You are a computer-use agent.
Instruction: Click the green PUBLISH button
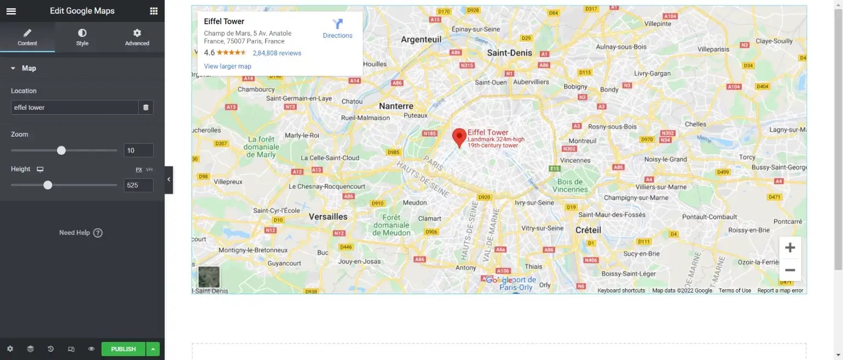click(x=123, y=349)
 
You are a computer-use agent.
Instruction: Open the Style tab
click(x=82, y=37)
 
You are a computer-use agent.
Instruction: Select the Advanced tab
click(x=137, y=37)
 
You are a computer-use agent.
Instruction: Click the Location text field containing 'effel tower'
click(x=75, y=108)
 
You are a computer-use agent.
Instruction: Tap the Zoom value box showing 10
click(x=138, y=150)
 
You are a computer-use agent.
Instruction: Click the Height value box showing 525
click(x=138, y=185)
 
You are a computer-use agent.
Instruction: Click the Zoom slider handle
click(x=61, y=150)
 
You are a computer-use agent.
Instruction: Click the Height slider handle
click(x=48, y=185)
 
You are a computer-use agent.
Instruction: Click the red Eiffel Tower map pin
click(x=459, y=137)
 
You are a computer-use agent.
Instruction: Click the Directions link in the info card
click(x=338, y=29)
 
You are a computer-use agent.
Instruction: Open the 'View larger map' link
click(x=227, y=66)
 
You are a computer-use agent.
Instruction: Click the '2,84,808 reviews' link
click(x=277, y=53)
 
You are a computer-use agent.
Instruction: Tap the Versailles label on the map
click(x=328, y=217)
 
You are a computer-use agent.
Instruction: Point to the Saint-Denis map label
click(x=509, y=53)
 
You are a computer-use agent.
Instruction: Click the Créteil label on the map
click(x=588, y=230)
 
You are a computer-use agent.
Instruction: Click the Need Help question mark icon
click(x=98, y=233)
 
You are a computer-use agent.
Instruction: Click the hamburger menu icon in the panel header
click(x=11, y=11)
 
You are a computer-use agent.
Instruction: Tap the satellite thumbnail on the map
click(x=209, y=277)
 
